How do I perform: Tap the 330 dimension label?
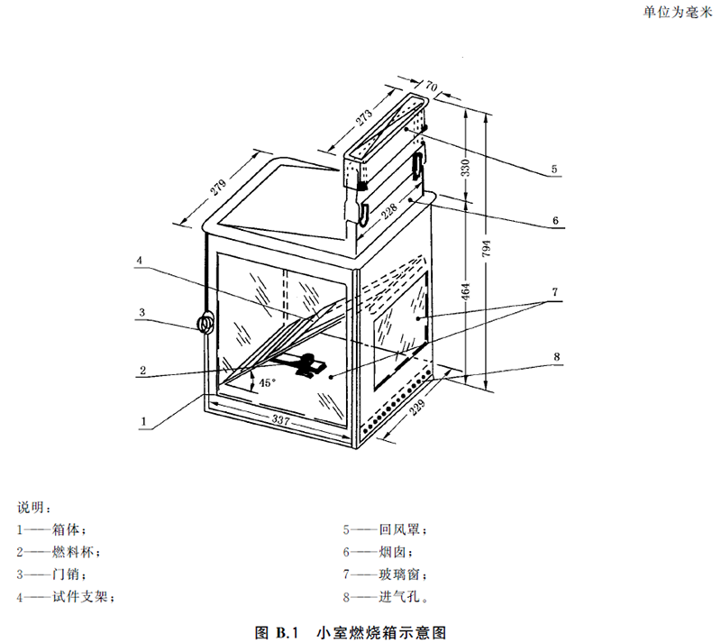[x=466, y=169]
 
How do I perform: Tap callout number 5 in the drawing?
[x=554, y=169]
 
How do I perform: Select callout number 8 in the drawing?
[x=557, y=356]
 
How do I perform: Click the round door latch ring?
[x=206, y=322]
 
